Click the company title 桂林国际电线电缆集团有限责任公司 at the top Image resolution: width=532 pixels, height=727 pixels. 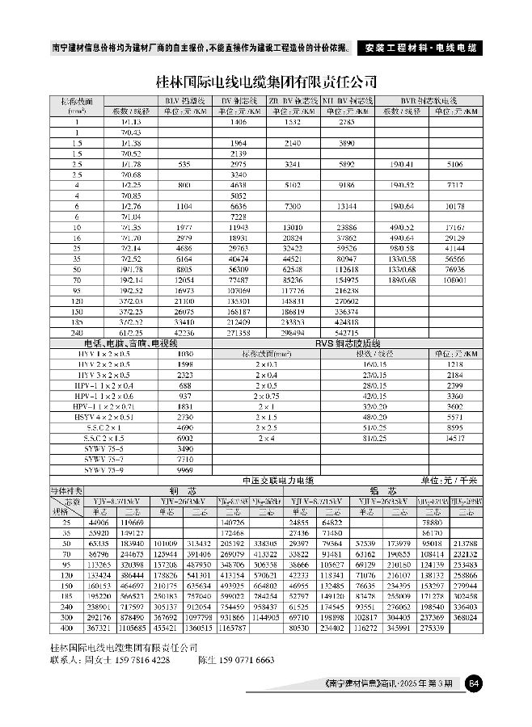click(266, 82)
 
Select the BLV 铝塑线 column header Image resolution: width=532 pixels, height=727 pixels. click(186, 100)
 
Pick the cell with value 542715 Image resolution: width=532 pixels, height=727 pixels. click(347, 332)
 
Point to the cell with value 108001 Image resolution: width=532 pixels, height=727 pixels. click(454, 279)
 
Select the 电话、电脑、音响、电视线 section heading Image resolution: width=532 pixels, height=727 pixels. click(122, 343)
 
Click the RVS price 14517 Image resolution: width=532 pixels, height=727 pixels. click(454, 437)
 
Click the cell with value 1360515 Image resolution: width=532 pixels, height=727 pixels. click(197, 626)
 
